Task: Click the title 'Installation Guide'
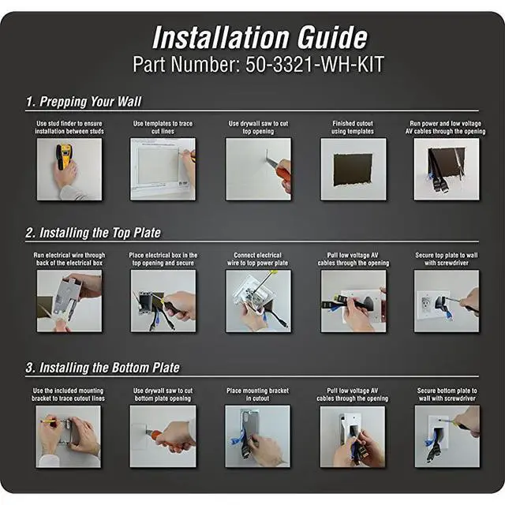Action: point(260,37)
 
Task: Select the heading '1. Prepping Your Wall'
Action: point(84,102)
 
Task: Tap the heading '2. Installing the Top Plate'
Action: point(93,233)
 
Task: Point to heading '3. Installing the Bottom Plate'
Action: point(103,368)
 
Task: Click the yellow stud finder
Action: point(63,156)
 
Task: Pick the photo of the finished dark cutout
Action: point(353,169)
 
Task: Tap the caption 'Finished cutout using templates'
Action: point(353,128)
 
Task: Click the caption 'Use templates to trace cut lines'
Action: point(163,128)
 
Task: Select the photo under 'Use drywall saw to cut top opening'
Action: point(258,169)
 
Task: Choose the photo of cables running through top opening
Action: point(447,169)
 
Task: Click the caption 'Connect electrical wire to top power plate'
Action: point(258,260)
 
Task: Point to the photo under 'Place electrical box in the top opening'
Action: point(163,301)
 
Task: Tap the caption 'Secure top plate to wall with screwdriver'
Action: point(447,260)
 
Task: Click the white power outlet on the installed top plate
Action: point(425,304)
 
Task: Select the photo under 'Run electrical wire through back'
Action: point(69,301)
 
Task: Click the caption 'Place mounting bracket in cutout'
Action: point(258,395)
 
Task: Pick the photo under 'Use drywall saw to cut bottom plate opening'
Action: point(163,436)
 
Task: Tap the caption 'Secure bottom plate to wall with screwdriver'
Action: point(447,395)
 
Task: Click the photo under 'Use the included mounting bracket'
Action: point(69,436)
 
